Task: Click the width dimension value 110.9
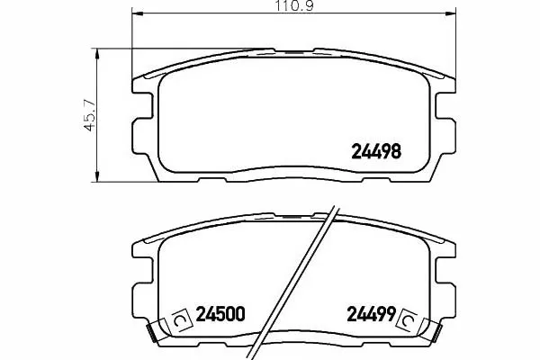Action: click(294, 6)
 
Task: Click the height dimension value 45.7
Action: click(89, 115)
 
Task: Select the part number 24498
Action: click(376, 151)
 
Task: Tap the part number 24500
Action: click(220, 314)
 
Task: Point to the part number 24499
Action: click(371, 314)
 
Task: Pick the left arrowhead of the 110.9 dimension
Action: click(138, 13)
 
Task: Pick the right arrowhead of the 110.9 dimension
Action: click(451, 13)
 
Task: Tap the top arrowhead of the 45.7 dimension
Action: click(97, 54)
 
